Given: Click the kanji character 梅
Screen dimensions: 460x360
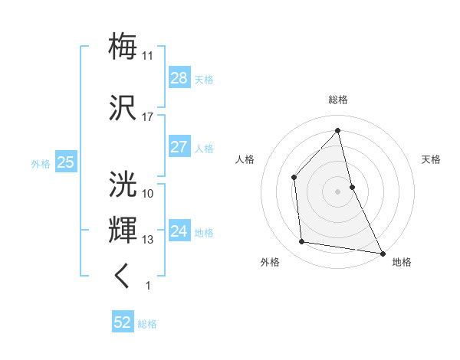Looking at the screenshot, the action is point(123,47).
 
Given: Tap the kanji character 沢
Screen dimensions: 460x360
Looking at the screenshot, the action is point(123,107).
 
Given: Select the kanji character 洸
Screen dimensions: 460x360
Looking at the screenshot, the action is point(123,184).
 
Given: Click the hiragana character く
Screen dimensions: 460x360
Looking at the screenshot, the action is point(123,276).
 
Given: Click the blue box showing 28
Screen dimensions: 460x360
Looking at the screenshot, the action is point(179,78).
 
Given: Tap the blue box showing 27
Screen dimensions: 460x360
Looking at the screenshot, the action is point(179,147).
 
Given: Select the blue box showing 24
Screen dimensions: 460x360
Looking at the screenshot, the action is point(179,231).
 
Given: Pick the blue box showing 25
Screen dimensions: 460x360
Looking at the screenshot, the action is point(65,162).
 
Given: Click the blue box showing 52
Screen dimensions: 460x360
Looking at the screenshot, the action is point(123,322).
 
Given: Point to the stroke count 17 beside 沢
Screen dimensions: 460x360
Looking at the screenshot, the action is point(148,117).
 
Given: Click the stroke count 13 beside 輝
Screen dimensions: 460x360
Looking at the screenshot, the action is point(148,240).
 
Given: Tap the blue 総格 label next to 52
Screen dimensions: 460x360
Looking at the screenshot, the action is point(147,324).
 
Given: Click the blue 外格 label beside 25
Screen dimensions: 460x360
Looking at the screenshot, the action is point(41,163).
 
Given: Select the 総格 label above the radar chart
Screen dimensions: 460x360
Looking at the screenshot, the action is point(338,100).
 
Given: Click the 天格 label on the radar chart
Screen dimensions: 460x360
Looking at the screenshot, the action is point(432,159).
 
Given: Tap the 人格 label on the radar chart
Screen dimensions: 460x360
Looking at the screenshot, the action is point(245,159).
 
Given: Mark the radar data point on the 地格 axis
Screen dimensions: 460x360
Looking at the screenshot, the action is point(382,252).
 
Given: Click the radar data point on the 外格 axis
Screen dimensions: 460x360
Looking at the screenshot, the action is point(303,242).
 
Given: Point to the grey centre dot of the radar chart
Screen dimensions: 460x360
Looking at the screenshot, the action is point(338,191).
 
